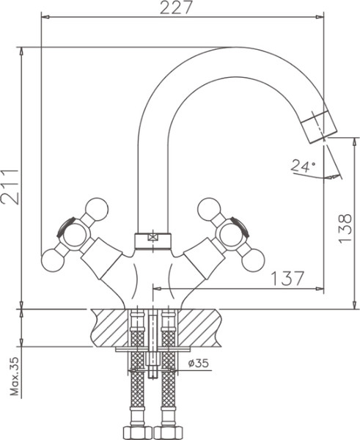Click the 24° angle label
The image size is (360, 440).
pyautogui.click(x=301, y=166)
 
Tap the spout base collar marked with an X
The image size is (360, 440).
pyautogui.click(x=153, y=238)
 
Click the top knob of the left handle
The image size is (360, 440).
pyautogui.click(x=96, y=209)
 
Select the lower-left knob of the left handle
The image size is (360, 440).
pyautogui.click(x=53, y=258)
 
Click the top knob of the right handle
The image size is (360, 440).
pyautogui.click(x=210, y=209)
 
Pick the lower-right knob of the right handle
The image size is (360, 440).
pyautogui.click(x=253, y=258)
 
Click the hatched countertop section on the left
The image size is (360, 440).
pyautogui.click(x=110, y=327)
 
